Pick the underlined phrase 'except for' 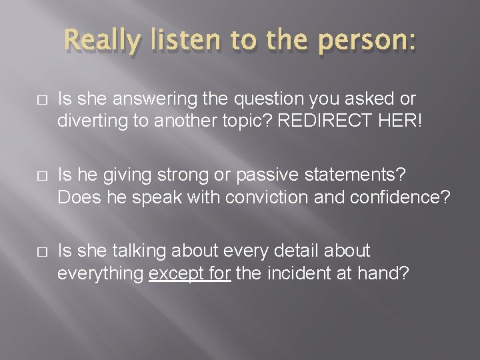189,273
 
